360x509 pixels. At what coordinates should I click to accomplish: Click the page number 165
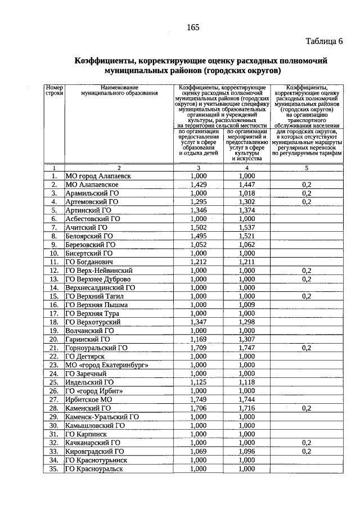(x=193, y=28)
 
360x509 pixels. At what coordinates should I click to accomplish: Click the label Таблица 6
(x=324, y=42)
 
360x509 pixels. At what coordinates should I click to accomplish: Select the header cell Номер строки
(x=54, y=92)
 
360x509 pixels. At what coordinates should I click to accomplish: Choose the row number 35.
(x=54, y=468)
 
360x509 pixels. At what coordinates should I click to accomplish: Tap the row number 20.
(x=54, y=339)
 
